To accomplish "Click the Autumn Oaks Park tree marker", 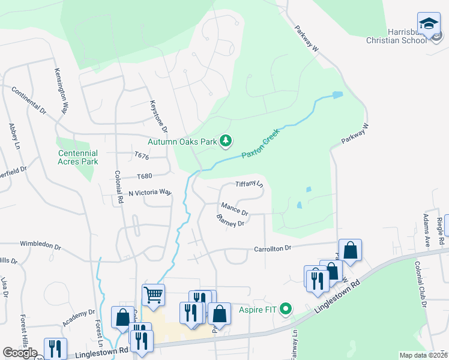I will pyautogui.click(x=226, y=141).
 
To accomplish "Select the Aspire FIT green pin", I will pyautogui.click(x=286, y=310).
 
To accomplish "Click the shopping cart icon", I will pyautogui.click(x=153, y=295).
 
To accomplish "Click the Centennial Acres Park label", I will pyautogui.click(x=78, y=157).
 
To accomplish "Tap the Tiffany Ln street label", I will pyautogui.click(x=249, y=183).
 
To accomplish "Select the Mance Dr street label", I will pyautogui.click(x=234, y=208).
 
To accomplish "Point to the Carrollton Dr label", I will pyautogui.click(x=272, y=248).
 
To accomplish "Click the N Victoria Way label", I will pyautogui.click(x=150, y=193).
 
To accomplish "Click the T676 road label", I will pyautogui.click(x=142, y=156).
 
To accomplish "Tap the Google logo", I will pyautogui.click(x=20, y=353).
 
